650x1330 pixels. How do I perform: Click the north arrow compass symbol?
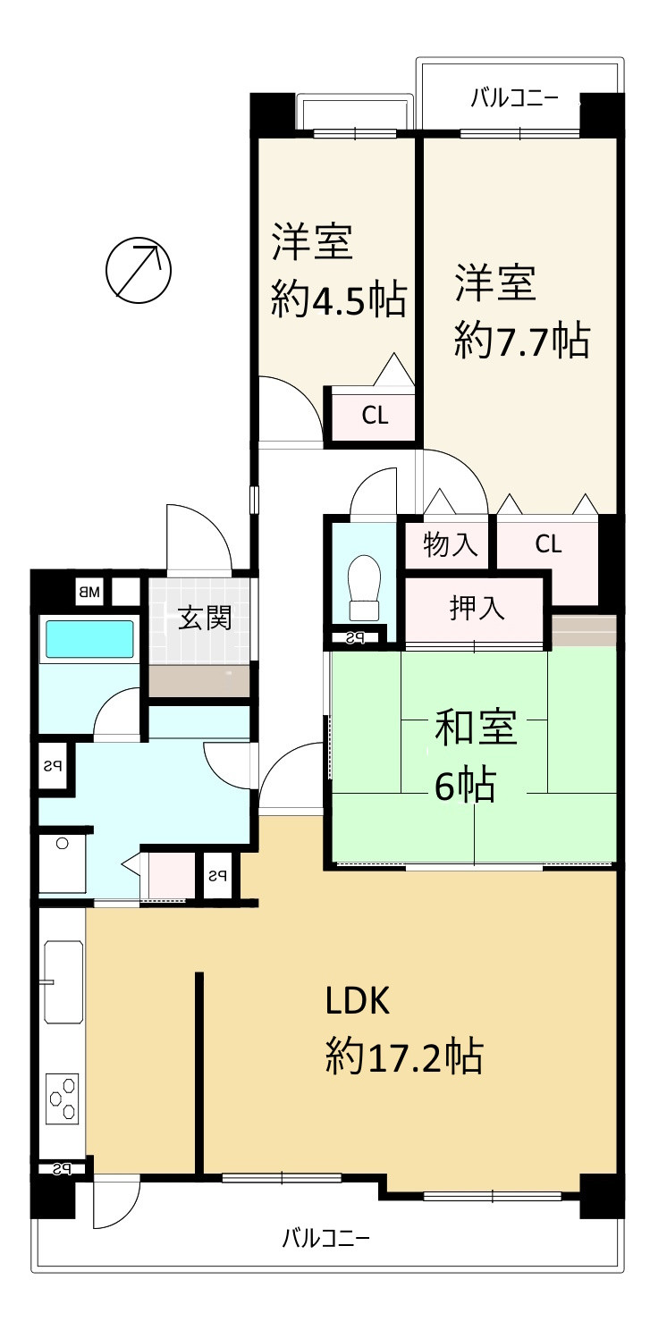tap(138, 270)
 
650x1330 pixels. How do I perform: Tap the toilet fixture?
tap(364, 588)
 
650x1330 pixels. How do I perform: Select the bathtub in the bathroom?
tap(89, 639)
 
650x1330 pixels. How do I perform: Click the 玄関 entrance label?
tap(203, 618)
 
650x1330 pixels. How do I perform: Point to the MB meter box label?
tap(89, 591)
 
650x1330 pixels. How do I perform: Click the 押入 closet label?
tap(477, 609)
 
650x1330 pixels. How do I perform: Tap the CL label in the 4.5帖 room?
tap(375, 416)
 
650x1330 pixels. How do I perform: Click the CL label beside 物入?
tap(548, 544)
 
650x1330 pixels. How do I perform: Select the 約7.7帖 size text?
tap(521, 341)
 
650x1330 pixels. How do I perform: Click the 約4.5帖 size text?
tap(339, 299)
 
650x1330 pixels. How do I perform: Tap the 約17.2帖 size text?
tap(404, 1057)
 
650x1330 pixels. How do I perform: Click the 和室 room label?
tap(475, 728)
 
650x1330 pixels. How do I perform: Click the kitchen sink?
tap(63, 981)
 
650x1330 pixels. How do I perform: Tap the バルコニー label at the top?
tap(514, 99)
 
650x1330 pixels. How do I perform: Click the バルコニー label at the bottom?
tap(325, 1238)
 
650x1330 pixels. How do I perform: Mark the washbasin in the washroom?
tap(63, 863)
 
